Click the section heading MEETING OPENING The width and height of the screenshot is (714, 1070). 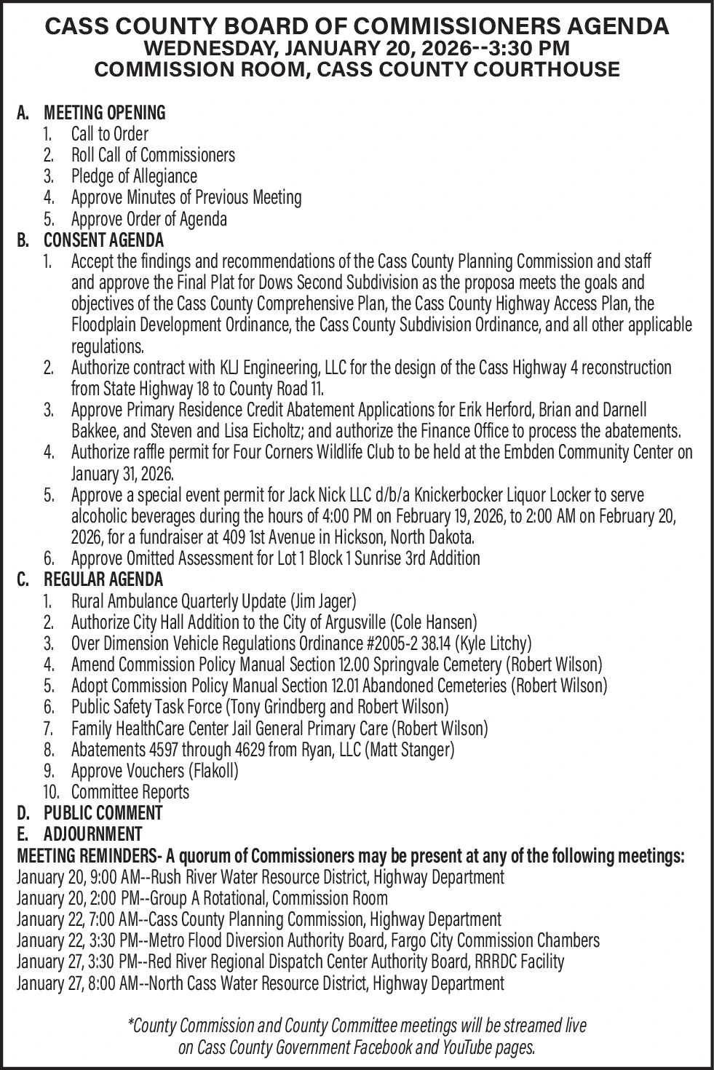(105, 113)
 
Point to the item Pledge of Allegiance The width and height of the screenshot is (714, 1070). (134, 176)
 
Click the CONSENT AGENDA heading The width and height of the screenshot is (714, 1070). (103, 239)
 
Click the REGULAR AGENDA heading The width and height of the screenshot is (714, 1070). (103, 579)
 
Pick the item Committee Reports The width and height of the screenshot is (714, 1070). (130, 791)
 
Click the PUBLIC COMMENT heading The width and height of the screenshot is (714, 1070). (103, 812)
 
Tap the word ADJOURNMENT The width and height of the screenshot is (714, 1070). (92, 833)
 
